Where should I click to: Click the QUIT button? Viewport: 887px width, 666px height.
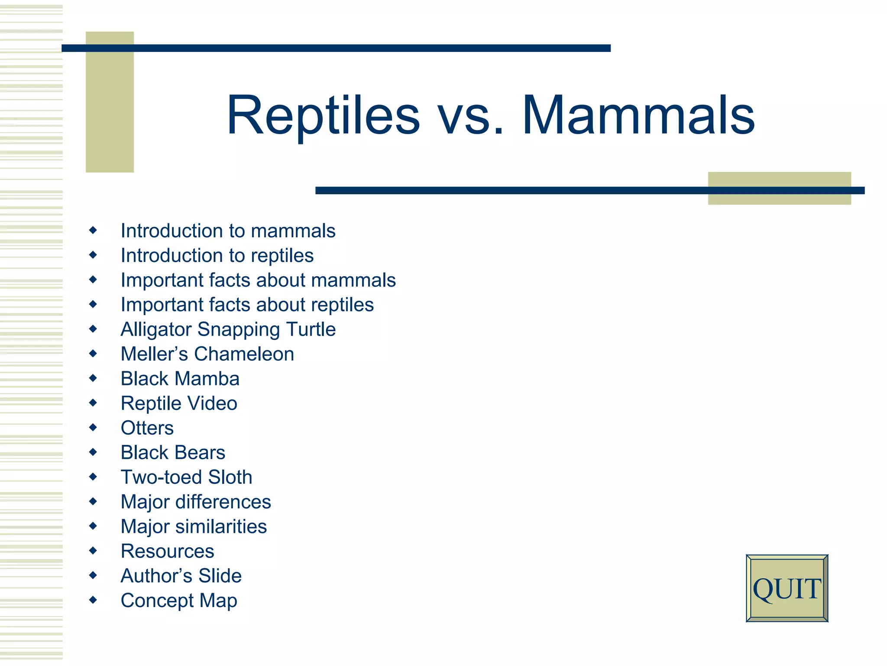pyautogui.click(x=787, y=588)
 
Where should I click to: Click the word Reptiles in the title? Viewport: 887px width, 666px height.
pyautogui.click(x=323, y=116)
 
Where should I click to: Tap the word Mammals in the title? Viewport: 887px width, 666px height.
pyautogui.click(x=638, y=116)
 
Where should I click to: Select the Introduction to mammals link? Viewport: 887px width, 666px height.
pyautogui.click(x=228, y=231)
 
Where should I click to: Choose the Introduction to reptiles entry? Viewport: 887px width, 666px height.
pyautogui.click(x=217, y=255)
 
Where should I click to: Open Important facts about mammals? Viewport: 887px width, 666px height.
pyautogui.click(x=258, y=280)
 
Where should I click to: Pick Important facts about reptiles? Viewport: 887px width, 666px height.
pyautogui.click(x=247, y=305)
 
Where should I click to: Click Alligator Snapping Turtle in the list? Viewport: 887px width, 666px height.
pyautogui.click(x=228, y=330)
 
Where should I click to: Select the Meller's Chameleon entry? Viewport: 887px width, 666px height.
pyautogui.click(x=207, y=354)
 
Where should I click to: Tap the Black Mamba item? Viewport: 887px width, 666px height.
pyautogui.click(x=180, y=379)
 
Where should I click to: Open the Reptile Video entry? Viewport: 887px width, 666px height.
pyautogui.click(x=179, y=404)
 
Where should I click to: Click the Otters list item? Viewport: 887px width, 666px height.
pyautogui.click(x=147, y=428)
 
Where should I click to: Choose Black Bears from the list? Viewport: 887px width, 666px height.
pyautogui.click(x=173, y=453)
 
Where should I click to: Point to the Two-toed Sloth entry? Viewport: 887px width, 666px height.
pyautogui.click(x=186, y=477)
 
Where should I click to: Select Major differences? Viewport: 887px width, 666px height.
pyautogui.click(x=196, y=502)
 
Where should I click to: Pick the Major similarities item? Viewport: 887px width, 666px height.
pyautogui.click(x=194, y=527)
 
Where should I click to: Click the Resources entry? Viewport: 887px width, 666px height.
pyautogui.click(x=167, y=552)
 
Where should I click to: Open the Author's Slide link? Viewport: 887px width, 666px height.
pyautogui.click(x=181, y=576)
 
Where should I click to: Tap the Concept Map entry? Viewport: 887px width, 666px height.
pyautogui.click(x=179, y=601)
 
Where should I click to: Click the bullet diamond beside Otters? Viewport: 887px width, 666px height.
pyautogui.click(x=93, y=428)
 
